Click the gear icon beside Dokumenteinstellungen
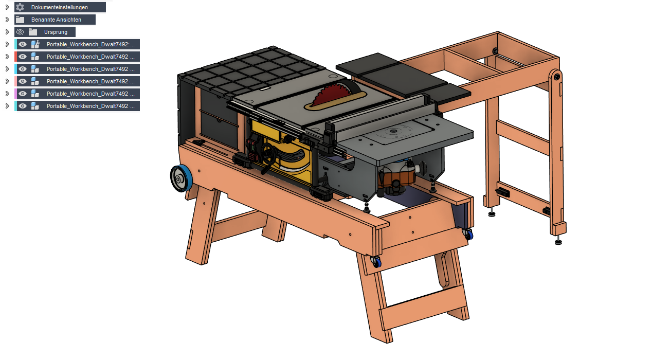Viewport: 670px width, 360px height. (20, 7)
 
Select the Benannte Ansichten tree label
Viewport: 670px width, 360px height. (56, 20)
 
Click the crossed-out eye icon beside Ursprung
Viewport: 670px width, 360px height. (20, 32)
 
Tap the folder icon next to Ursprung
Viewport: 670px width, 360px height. (33, 32)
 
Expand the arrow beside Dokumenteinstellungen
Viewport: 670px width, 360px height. (8, 7)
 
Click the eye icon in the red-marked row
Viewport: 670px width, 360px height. (23, 57)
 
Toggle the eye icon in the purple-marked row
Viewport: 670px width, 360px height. (23, 94)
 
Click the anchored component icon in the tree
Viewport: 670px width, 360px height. (35, 44)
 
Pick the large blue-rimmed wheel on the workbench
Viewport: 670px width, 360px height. (181, 178)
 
